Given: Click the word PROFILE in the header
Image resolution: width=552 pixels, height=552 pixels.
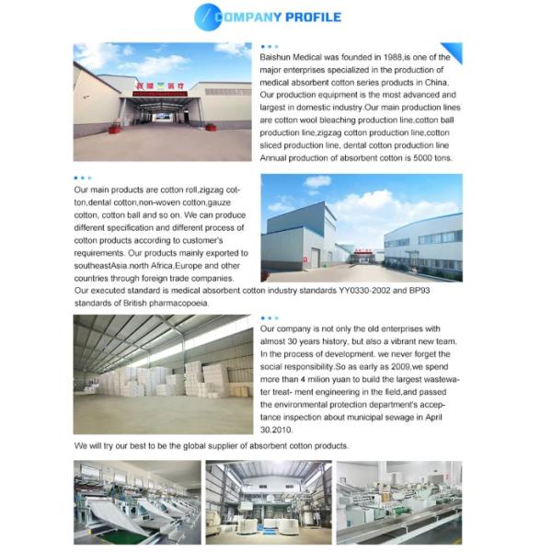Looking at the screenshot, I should tap(312, 17).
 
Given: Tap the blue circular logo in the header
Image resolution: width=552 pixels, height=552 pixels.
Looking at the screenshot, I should tap(208, 17).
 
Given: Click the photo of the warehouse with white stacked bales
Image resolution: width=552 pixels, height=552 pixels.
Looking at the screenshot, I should tap(162, 374).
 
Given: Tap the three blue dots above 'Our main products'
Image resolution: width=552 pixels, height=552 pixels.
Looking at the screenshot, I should tap(83, 178).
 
